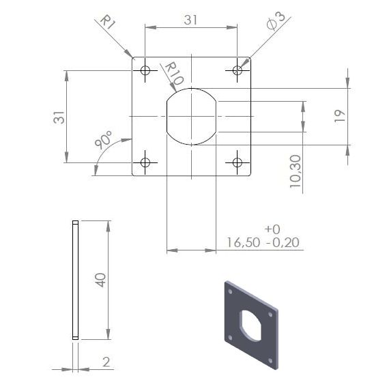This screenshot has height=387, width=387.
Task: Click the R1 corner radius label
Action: (108, 22)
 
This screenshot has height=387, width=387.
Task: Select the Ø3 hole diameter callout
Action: (276, 20)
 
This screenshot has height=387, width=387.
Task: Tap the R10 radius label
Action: (174, 73)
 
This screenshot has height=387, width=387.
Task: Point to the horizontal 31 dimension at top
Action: (190, 20)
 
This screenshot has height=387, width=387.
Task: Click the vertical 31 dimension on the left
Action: (59, 117)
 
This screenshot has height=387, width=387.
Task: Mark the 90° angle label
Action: (104, 139)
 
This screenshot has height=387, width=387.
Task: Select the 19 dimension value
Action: (340, 116)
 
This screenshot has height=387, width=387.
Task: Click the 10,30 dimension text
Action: (296, 171)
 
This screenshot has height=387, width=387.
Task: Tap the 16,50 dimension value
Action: (244, 242)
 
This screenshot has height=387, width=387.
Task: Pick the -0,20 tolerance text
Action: (283, 242)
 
